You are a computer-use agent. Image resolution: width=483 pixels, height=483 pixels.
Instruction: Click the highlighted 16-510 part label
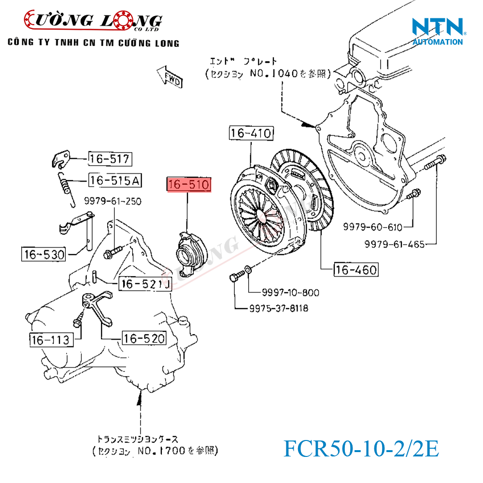coord(189,185)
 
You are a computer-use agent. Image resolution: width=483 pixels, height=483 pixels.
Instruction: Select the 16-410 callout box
coord(251,133)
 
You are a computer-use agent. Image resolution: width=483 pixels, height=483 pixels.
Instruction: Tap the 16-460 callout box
coord(356,270)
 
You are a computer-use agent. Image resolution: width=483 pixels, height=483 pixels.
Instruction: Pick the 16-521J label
coord(145,284)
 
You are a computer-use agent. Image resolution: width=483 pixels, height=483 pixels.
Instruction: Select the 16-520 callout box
coord(144,338)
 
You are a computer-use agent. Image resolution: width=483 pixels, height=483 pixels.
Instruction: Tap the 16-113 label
coord(50,340)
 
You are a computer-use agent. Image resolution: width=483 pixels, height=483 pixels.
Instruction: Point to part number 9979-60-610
coord(372,226)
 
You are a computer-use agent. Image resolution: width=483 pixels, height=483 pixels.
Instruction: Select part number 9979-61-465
coord(395,244)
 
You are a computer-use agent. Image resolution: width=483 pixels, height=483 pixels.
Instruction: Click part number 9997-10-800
coord(290,293)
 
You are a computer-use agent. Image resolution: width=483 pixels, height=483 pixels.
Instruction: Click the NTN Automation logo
coord(438,31)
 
